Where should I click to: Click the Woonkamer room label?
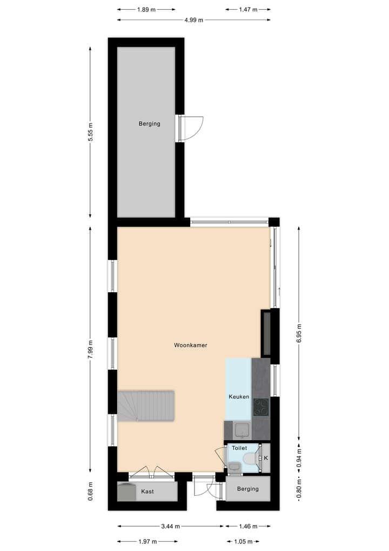(191, 345)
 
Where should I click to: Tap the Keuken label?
(239, 397)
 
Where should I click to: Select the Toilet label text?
(239, 448)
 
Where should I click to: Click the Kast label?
(147, 491)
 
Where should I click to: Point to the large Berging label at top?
(150, 123)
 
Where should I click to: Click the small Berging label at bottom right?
(248, 489)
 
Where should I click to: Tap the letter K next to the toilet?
(265, 458)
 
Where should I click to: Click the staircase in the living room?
(146, 406)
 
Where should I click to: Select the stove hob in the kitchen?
(261, 405)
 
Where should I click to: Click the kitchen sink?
(241, 430)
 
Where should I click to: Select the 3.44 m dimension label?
(170, 526)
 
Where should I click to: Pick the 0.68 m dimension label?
(91, 491)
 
